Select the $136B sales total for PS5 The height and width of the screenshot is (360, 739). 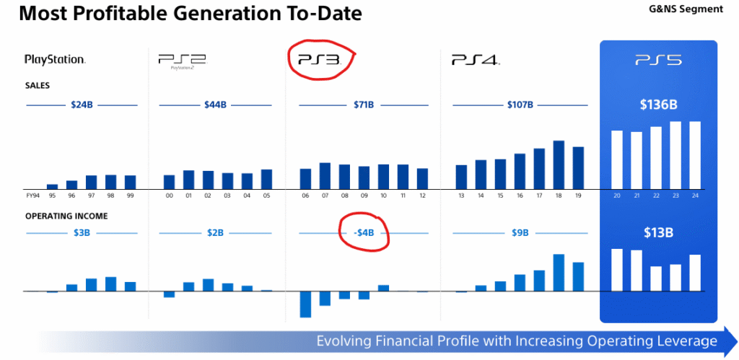pos(658,105)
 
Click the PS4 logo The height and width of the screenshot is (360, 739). pos(476,60)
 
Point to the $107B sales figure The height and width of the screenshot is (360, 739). pos(520,105)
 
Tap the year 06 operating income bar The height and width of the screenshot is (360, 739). pos(305,304)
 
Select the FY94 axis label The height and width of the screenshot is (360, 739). pos(32,195)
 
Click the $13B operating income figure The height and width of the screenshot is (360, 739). pos(658,233)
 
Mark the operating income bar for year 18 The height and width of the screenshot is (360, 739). pos(559,272)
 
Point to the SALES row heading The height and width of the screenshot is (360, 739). pos(37,85)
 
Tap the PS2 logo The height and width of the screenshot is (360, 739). pos(182,61)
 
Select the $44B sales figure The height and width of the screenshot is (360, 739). pos(215,105)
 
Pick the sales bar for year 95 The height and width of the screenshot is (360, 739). pos(52,186)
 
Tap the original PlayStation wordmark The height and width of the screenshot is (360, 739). pos(55,60)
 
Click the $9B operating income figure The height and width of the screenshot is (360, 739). pos(520,233)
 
